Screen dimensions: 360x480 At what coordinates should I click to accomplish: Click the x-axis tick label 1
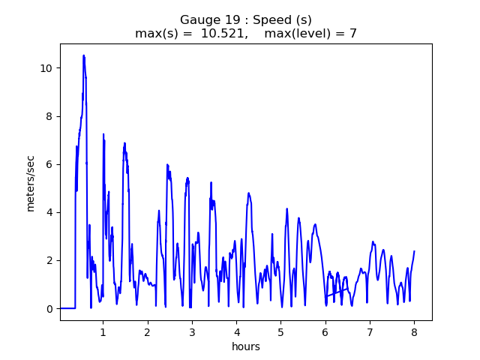coord(103,331)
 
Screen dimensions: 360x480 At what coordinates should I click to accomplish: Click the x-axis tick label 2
coord(147,331)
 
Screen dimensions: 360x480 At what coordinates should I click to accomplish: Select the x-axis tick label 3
coord(192,331)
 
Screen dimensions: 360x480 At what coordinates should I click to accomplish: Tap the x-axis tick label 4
coord(236,331)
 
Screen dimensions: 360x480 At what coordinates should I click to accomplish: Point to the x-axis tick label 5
coord(280,331)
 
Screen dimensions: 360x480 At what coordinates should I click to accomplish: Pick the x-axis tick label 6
coord(325,331)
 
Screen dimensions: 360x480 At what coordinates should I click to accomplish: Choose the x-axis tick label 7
coord(370,331)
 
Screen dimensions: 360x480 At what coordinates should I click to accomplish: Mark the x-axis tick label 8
coord(414,331)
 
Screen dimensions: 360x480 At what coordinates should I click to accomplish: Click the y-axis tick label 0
coord(50,309)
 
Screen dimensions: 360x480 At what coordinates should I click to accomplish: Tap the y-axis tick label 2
coord(50,261)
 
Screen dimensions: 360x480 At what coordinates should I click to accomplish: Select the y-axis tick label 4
coord(50,212)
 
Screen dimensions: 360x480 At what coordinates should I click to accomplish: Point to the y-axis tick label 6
coord(50,164)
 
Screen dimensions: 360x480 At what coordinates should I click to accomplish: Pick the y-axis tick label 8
coord(50,116)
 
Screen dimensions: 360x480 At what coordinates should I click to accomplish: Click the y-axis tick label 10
coord(47,68)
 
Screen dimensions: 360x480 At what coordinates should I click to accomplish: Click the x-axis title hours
coord(246,346)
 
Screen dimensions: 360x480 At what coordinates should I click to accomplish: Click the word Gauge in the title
coord(198,19)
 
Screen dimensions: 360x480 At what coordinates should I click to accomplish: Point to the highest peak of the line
coord(84,55)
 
